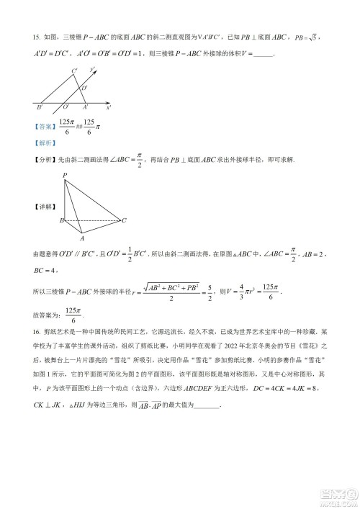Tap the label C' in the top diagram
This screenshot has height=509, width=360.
tap(74, 71)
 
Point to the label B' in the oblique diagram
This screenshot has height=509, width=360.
tap(39, 107)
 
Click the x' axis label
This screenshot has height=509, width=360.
tap(108, 107)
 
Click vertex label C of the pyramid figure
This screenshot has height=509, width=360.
tap(124, 220)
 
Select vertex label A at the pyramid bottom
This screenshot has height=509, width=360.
tap(81, 238)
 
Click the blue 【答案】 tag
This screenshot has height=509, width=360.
tap(44, 126)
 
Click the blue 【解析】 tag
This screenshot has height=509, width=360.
tap(44, 143)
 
